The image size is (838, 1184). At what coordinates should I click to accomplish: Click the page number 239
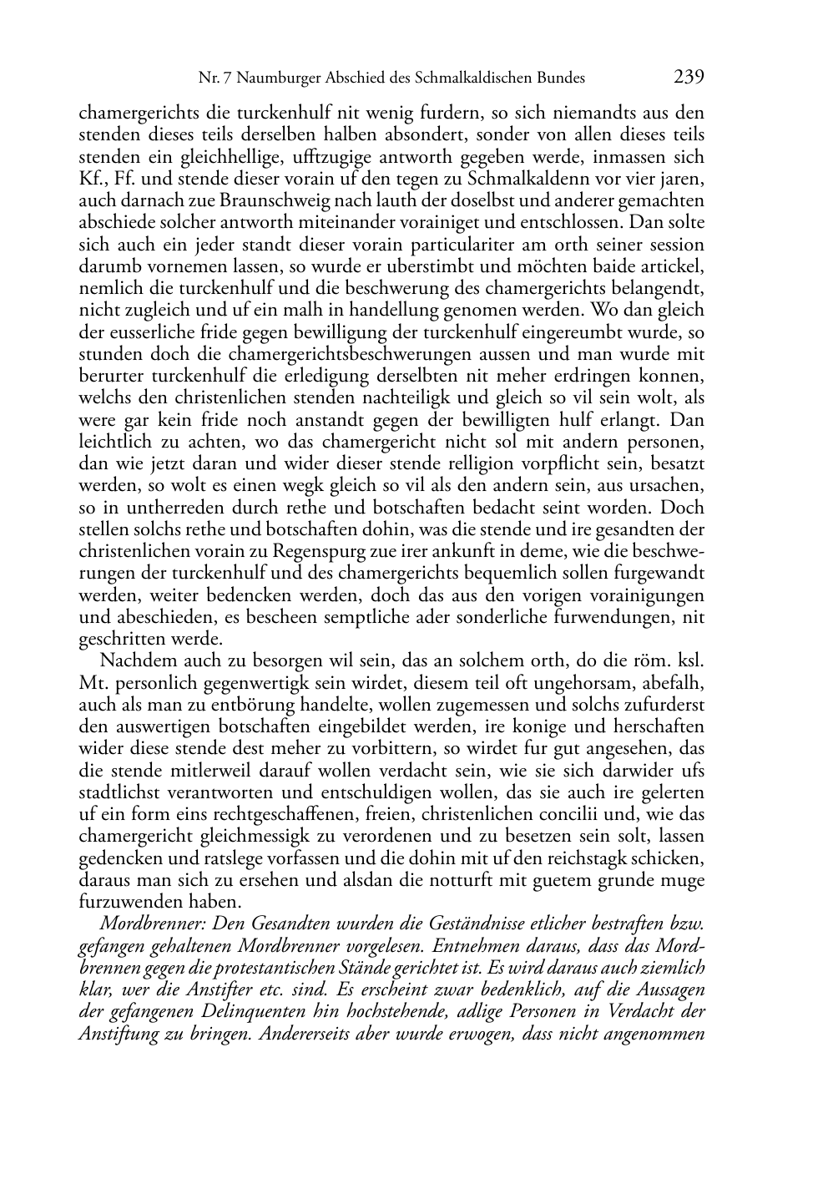click(x=689, y=78)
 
